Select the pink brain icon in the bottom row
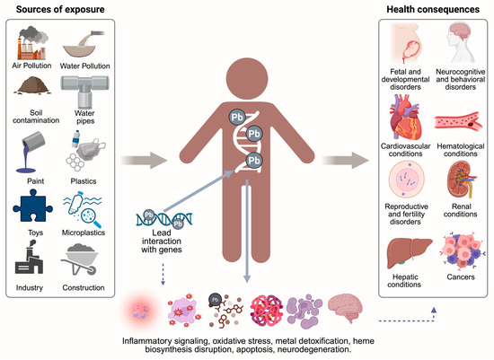coord(347,311)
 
